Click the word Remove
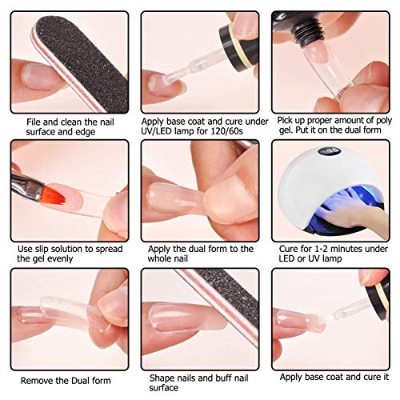(x=38, y=380)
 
